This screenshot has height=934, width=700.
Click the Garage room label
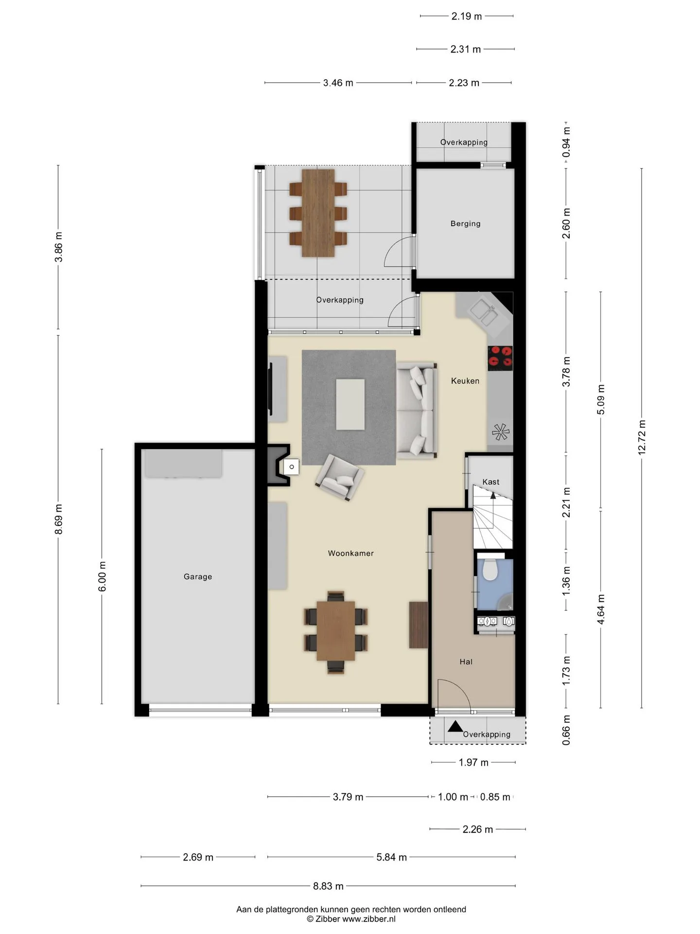click(198, 577)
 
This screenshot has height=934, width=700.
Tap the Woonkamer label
click(350, 553)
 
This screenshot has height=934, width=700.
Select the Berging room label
click(465, 224)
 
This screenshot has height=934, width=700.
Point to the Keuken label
click(465, 381)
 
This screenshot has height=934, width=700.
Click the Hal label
click(466, 662)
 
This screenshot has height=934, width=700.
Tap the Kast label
click(491, 482)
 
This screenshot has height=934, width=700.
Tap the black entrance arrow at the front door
click(455, 726)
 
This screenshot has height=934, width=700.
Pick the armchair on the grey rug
click(340, 477)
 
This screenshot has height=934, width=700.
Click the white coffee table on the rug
click(350, 404)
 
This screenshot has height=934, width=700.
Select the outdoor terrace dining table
click(318, 213)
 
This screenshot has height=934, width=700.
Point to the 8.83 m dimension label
click(328, 886)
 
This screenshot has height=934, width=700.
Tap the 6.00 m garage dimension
click(102, 576)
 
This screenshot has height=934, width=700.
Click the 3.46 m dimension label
click(338, 83)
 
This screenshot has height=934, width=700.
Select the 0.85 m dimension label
click(495, 797)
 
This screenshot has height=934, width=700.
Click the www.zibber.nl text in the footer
click(369, 919)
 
